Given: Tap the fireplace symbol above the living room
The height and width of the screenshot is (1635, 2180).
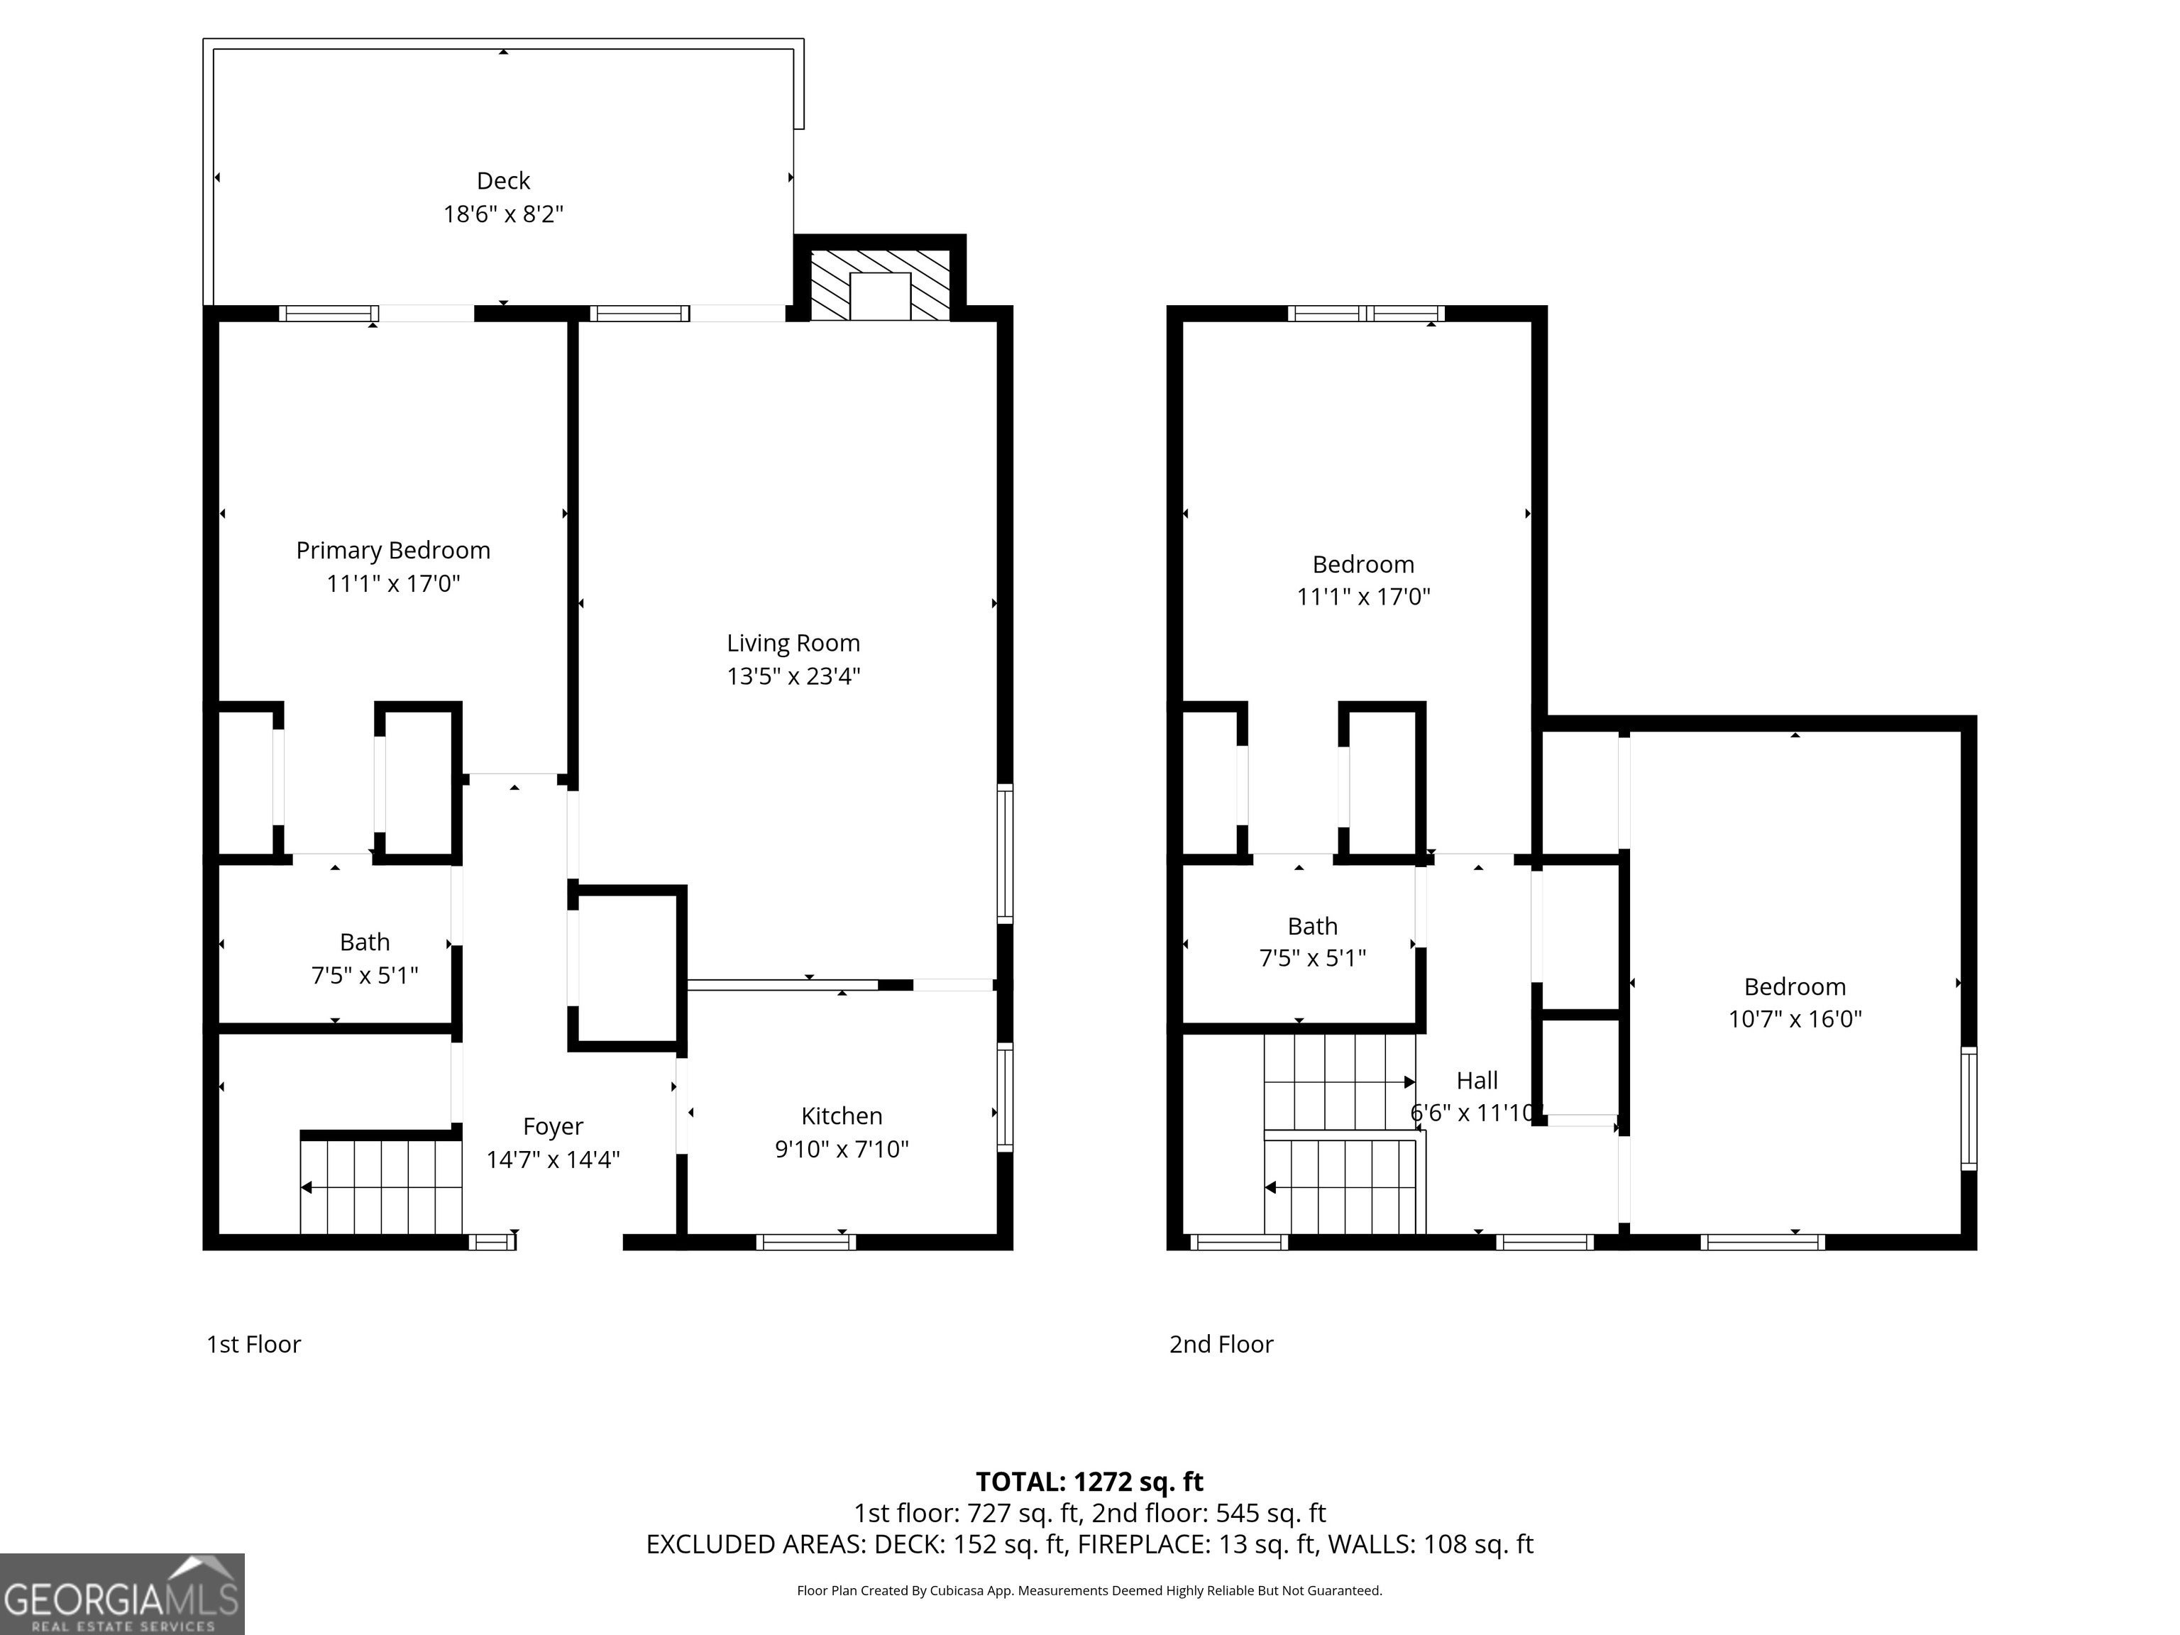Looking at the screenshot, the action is tap(880, 285).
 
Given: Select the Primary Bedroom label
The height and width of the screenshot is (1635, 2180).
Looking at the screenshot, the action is tap(393, 550).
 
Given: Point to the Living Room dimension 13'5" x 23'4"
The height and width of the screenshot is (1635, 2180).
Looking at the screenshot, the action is tap(793, 676).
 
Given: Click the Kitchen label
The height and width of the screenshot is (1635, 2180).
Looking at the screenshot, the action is tap(842, 1116).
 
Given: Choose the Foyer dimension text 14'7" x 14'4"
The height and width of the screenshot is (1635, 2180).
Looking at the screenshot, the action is tap(553, 1159).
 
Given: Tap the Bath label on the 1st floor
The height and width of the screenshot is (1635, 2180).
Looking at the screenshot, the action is tap(365, 942).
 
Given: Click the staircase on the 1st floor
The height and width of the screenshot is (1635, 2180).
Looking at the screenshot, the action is tap(381, 1187).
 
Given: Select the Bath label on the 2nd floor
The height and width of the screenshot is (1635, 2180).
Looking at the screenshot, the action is tap(1313, 926).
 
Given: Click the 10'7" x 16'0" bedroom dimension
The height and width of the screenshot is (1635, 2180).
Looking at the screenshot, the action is tap(1795, 1019).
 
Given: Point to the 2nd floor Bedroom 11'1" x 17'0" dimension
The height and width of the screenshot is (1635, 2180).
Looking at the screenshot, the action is tap(1363, 596).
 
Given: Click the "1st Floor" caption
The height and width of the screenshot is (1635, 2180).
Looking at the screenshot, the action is tap(253, 1344).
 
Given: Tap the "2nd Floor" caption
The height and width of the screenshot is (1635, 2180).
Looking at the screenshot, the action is tap(1221, 1344).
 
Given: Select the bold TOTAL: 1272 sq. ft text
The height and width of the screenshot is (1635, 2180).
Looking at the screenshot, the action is tap(1089, 1481).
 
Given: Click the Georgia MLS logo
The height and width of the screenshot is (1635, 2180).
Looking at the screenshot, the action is tap(122, 1594).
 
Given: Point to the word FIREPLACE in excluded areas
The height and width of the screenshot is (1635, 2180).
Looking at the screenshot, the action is tap(1143, 1544).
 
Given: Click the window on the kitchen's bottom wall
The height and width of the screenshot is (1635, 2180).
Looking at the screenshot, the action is tap(806, 1242).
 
